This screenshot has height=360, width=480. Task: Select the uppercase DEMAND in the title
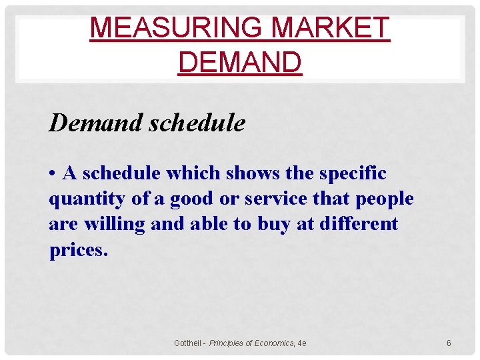[x=240, y=62]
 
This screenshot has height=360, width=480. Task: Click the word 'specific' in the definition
[x=354, y=173]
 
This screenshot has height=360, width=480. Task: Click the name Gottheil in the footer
[x=188, y=343]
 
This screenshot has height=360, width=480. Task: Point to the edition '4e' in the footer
[x=302, y=343]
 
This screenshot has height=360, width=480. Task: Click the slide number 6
[x=449, y=343]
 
